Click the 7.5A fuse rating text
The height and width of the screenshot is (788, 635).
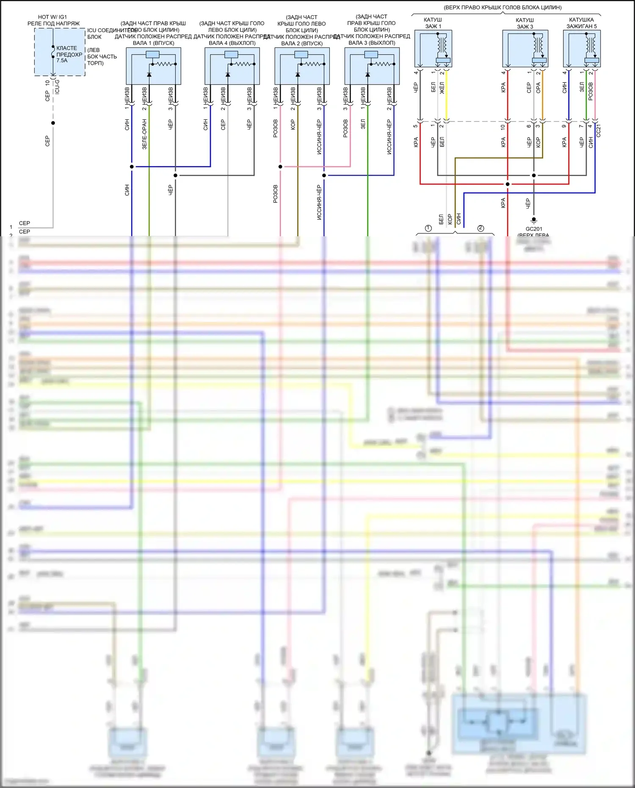(x=62, y=61)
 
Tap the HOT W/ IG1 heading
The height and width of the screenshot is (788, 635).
(x=52, y=17)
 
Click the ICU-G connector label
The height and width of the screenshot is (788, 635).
(x=57, y=86)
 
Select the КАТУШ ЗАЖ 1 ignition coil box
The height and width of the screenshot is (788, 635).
(x=433, y=48)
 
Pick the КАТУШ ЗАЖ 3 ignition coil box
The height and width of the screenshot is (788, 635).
(x=525, y=48)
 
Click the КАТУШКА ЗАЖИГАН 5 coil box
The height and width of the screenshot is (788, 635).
(x=582, y=48)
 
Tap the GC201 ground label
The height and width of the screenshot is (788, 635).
(x=534, y=229)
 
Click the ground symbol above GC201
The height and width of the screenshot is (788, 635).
(x=534, y=220)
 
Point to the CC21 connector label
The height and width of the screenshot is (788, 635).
(x=599, y=130)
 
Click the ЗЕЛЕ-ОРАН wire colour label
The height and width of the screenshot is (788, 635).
(x=144, y=134)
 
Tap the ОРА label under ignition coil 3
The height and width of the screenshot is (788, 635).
(x=538, y=88)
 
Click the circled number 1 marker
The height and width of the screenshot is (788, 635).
(x=428, y=228)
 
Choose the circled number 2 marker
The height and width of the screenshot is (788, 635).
(x=480, y=228)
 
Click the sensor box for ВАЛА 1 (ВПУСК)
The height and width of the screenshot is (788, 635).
(x=153, y=66)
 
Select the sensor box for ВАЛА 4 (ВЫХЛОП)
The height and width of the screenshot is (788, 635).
(x=232, y=66)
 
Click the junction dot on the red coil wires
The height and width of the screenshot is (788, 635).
(x=508, y=184)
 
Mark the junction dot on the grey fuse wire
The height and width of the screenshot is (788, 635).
(x=53, y=123)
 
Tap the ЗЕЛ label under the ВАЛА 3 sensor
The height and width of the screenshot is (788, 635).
(x=363, y=124)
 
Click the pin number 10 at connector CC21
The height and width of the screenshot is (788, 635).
(x=503, y=127)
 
